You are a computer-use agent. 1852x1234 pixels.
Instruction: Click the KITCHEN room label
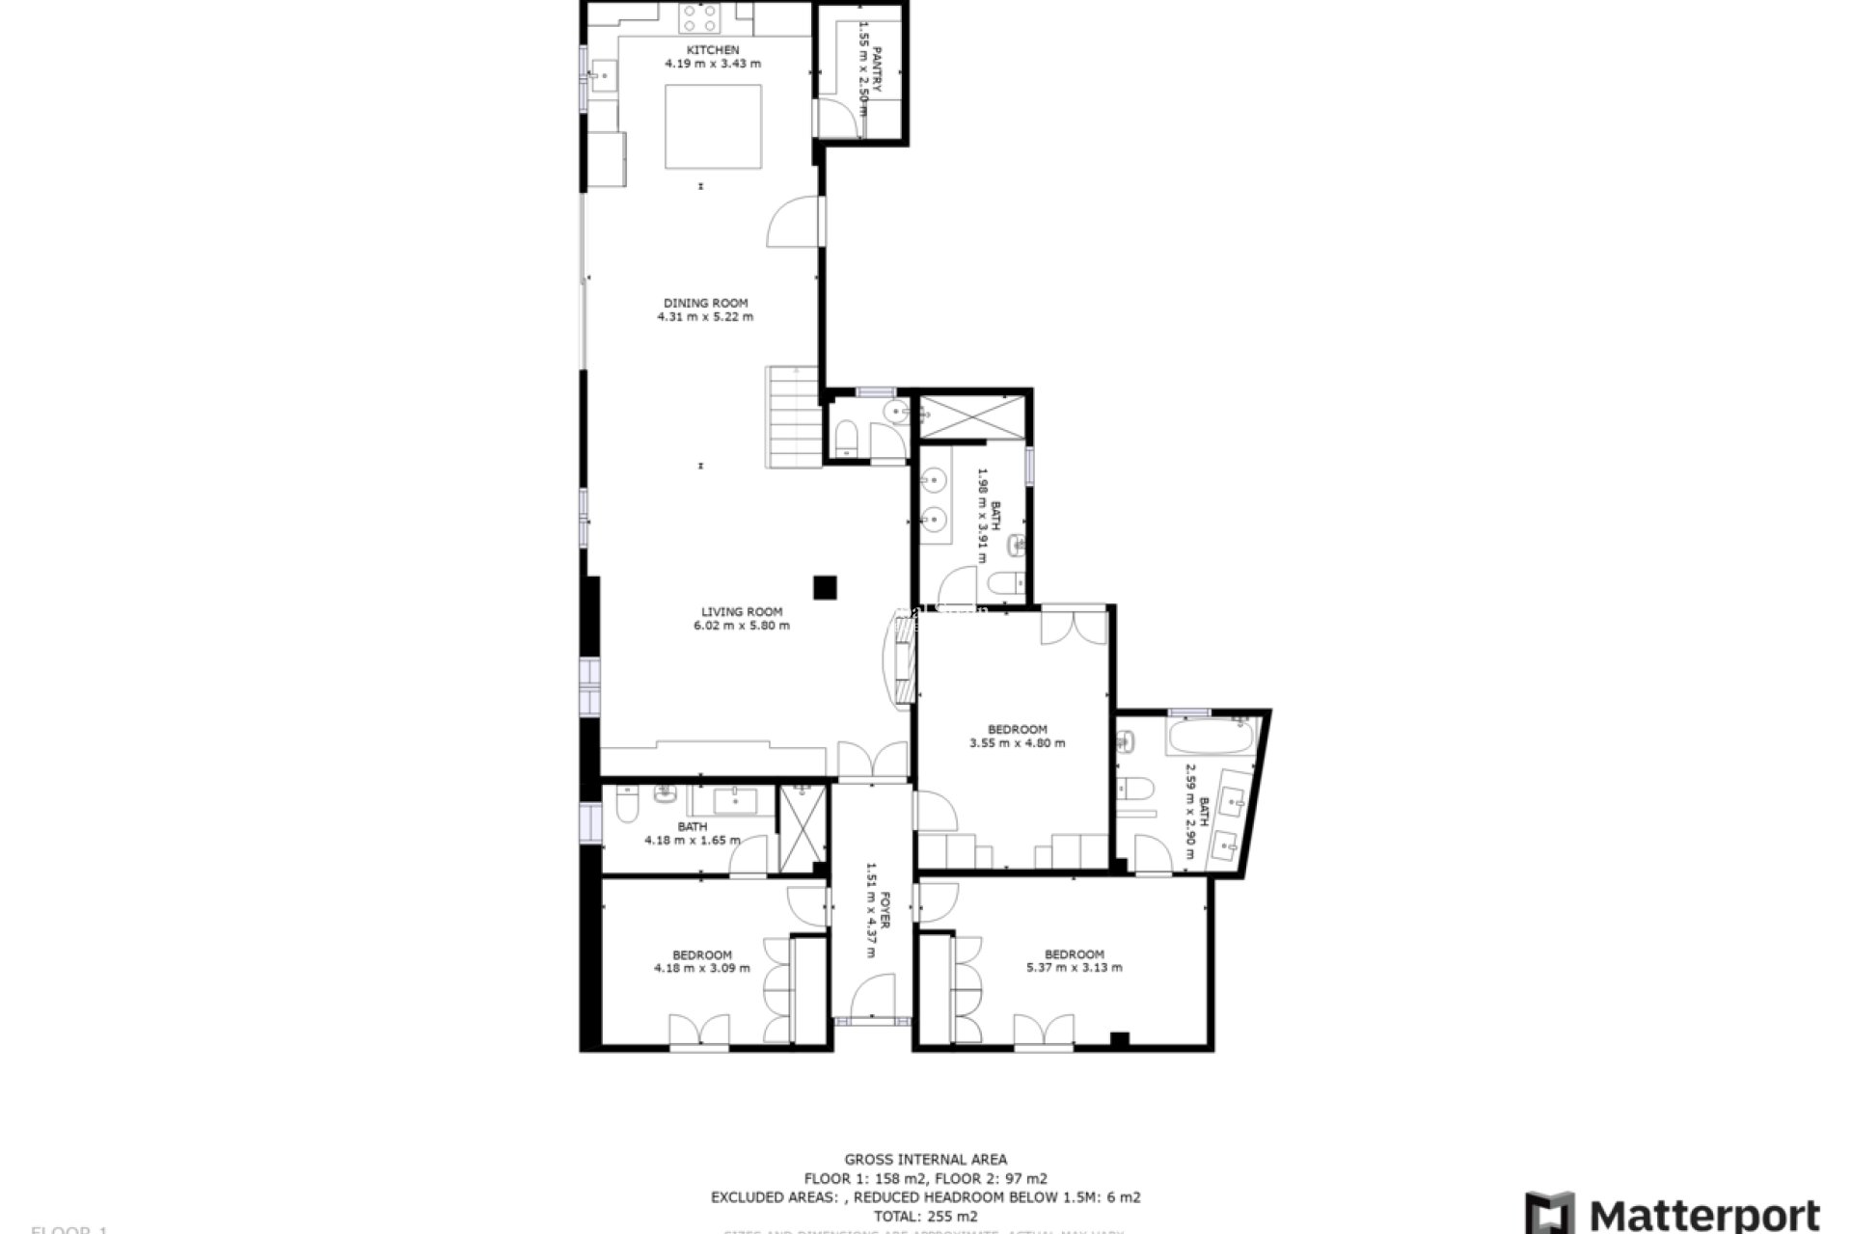(713, 50)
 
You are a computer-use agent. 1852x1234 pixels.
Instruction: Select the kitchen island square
(714, 126)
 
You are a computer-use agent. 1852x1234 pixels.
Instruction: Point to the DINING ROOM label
(705, 303)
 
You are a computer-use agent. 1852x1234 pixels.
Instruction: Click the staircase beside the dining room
(793, 416)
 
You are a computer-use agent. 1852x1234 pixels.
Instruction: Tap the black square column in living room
(824, 587)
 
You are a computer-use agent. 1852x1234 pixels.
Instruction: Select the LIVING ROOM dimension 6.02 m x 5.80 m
(741, 626)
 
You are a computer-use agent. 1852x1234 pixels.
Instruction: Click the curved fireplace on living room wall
(899, 663)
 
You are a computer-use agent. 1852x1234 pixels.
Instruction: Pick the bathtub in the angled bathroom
(1210, 740)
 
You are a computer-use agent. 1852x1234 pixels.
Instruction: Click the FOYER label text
(885, 910)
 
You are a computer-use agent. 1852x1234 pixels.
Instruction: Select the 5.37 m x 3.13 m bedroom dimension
(1074, 968)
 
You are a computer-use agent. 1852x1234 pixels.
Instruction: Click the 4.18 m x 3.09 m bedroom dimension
(701, 969)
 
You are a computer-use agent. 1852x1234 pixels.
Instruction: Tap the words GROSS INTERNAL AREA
(925, 1160)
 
